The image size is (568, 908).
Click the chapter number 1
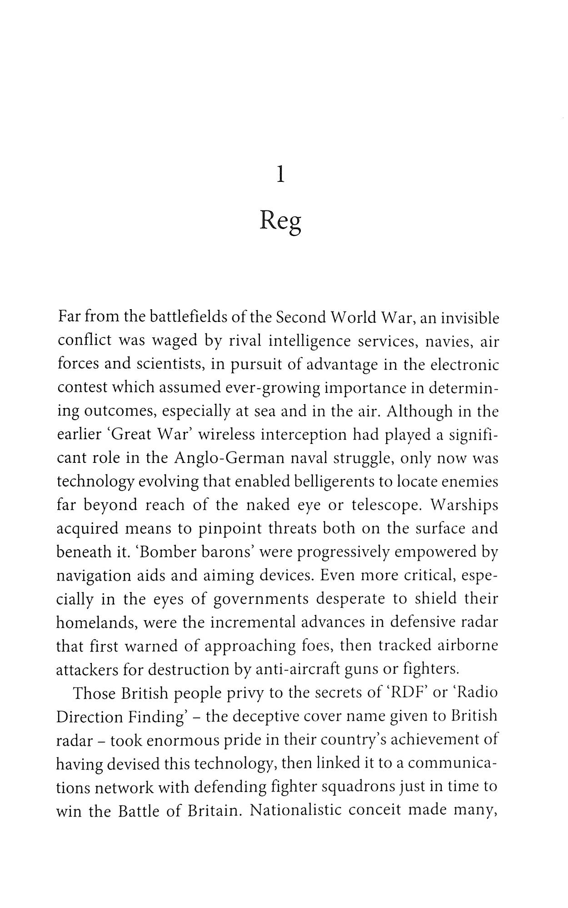tap(281, 175)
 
